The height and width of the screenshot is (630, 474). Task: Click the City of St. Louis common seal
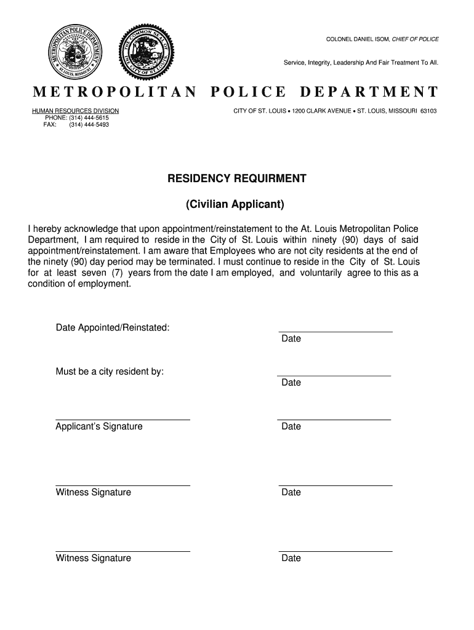[146, 52]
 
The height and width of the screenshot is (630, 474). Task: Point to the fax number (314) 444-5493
[89, 124]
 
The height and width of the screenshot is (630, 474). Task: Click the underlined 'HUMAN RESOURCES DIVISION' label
[75, 111]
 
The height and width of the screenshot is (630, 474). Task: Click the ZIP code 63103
[428, 111]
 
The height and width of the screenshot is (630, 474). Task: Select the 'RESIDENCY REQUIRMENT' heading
[236, 178]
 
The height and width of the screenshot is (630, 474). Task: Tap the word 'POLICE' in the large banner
[248, 93]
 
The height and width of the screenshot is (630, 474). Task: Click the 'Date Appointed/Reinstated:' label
[113, 327]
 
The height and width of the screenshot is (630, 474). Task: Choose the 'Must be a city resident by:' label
[110, 372]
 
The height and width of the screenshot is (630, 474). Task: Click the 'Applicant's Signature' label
[99, 426]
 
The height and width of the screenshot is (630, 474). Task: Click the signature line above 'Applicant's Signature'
[123, 420]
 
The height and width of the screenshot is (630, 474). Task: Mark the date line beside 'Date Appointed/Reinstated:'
[335, 332]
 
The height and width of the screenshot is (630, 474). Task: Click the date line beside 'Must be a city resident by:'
[334, 375]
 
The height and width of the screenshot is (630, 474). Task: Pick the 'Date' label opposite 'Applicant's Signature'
[291, 426]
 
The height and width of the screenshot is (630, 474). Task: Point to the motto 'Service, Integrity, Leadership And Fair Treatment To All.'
[361, 63]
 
